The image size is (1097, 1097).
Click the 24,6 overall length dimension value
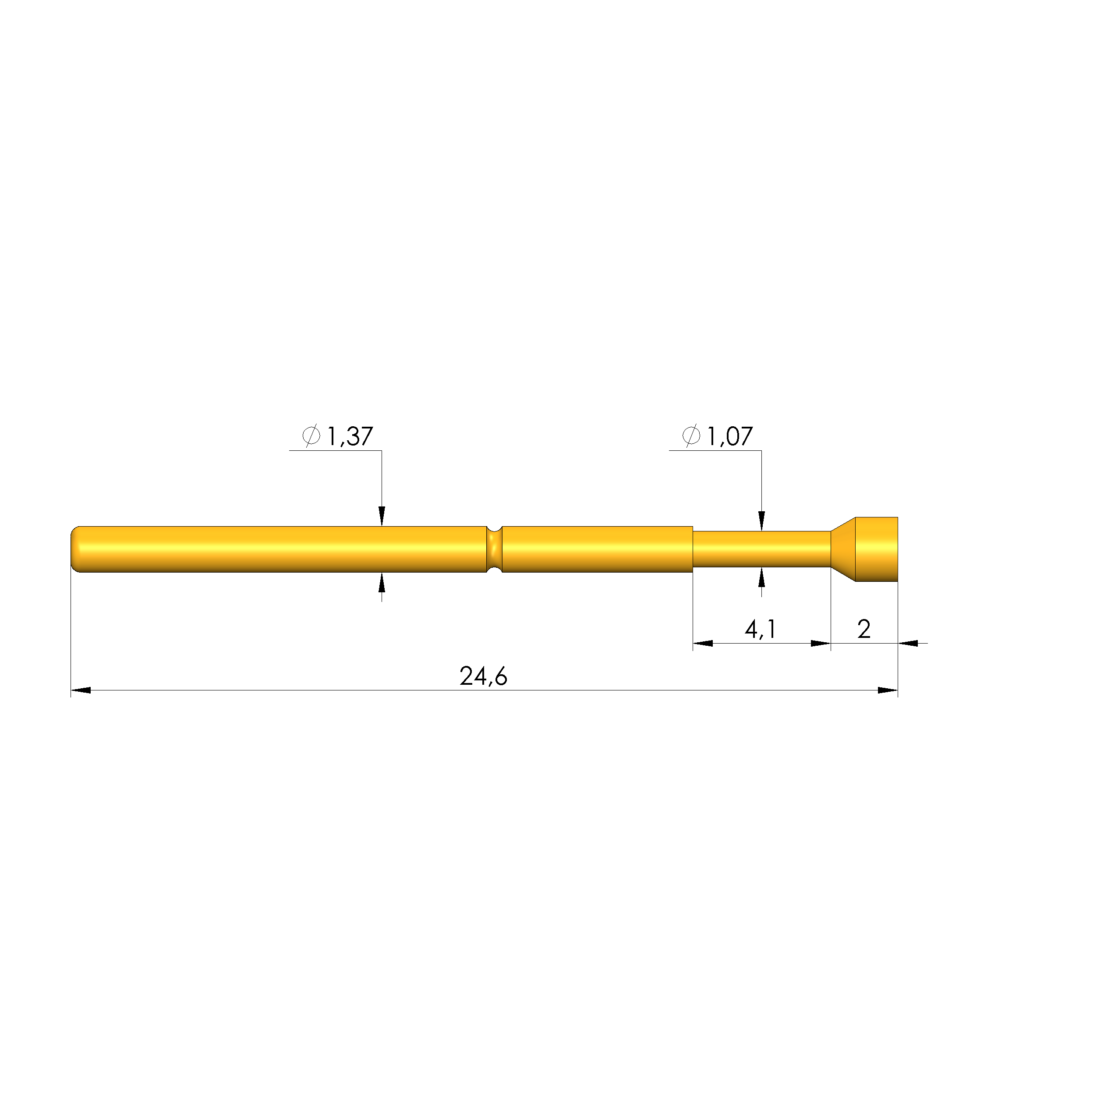click(x=483, y=676)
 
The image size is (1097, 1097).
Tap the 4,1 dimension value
click(x=760, y=629)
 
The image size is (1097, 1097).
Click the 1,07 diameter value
click(x=729, y=436)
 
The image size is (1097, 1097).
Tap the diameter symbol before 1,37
click(x=311, y=435)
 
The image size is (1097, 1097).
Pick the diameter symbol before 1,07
click(x=691, y=435)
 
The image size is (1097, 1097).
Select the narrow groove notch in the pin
click(x=494, y=549)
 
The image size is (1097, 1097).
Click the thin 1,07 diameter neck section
click(x=761, y=549)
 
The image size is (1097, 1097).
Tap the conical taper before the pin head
click(x=843, y=549)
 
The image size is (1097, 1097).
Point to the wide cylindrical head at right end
click(x=876, y=549)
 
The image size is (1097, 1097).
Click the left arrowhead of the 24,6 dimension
click(x=81, y=690)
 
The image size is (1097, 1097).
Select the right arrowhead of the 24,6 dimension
click(x=888, y=690)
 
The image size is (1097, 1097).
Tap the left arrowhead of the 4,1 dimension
click(x=703, y=643)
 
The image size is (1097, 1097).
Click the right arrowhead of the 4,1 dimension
click(x=821, y=643)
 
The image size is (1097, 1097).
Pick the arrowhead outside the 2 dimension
click(x=909, y=643)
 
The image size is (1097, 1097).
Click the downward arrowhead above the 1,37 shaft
click(x=382, y=516)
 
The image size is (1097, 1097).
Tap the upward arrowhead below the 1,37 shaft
click(x=382, y=583)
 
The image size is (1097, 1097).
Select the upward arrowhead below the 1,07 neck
click(x=761, y=577)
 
